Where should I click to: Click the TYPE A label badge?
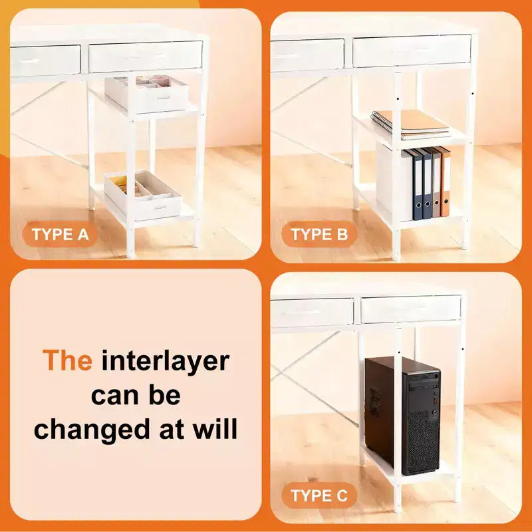click(60, 234)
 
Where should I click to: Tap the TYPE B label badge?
click(319, 234)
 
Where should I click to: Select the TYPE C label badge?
click(319, 495)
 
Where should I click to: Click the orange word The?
click(67, 360)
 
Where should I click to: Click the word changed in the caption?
click(92, 430)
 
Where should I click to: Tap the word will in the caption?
click(215, 429)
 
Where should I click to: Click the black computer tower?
click(403, 415)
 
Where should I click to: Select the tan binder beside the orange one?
click(436, 184)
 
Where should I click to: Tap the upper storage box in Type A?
click(146, 94)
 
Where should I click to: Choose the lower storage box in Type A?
click(143, 195)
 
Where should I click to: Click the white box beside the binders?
click(394, 182)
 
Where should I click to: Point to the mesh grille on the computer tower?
click(422, 443)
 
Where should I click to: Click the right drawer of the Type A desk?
click(145, 57)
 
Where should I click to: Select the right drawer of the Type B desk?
click(412, 51)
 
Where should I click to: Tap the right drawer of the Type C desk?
click(411, 309)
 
